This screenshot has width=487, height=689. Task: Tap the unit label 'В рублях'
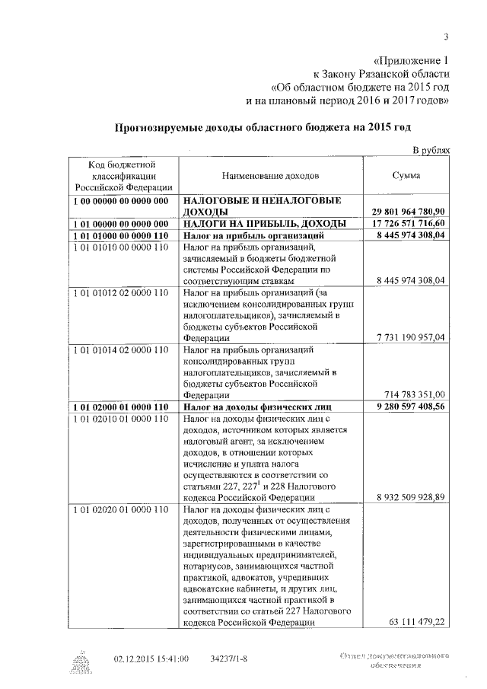pos(431,151)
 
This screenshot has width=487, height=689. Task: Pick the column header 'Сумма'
pos(407,175)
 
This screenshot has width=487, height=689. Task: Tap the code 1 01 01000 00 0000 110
pos(121,236)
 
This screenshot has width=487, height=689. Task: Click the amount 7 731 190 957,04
pos(411,336)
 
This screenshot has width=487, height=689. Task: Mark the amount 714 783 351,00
pos(415,394)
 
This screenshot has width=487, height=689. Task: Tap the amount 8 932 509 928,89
pos(411,496)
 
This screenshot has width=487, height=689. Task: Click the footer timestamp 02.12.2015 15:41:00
pos(151,659)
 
